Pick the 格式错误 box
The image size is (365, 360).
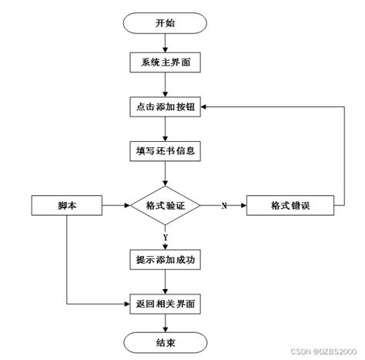click(x=290, y=206)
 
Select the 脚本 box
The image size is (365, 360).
click(x=67, y=206)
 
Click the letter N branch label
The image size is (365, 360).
click(x=224, y=206)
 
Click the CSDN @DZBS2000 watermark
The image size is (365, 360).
click(x=324, y=349)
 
